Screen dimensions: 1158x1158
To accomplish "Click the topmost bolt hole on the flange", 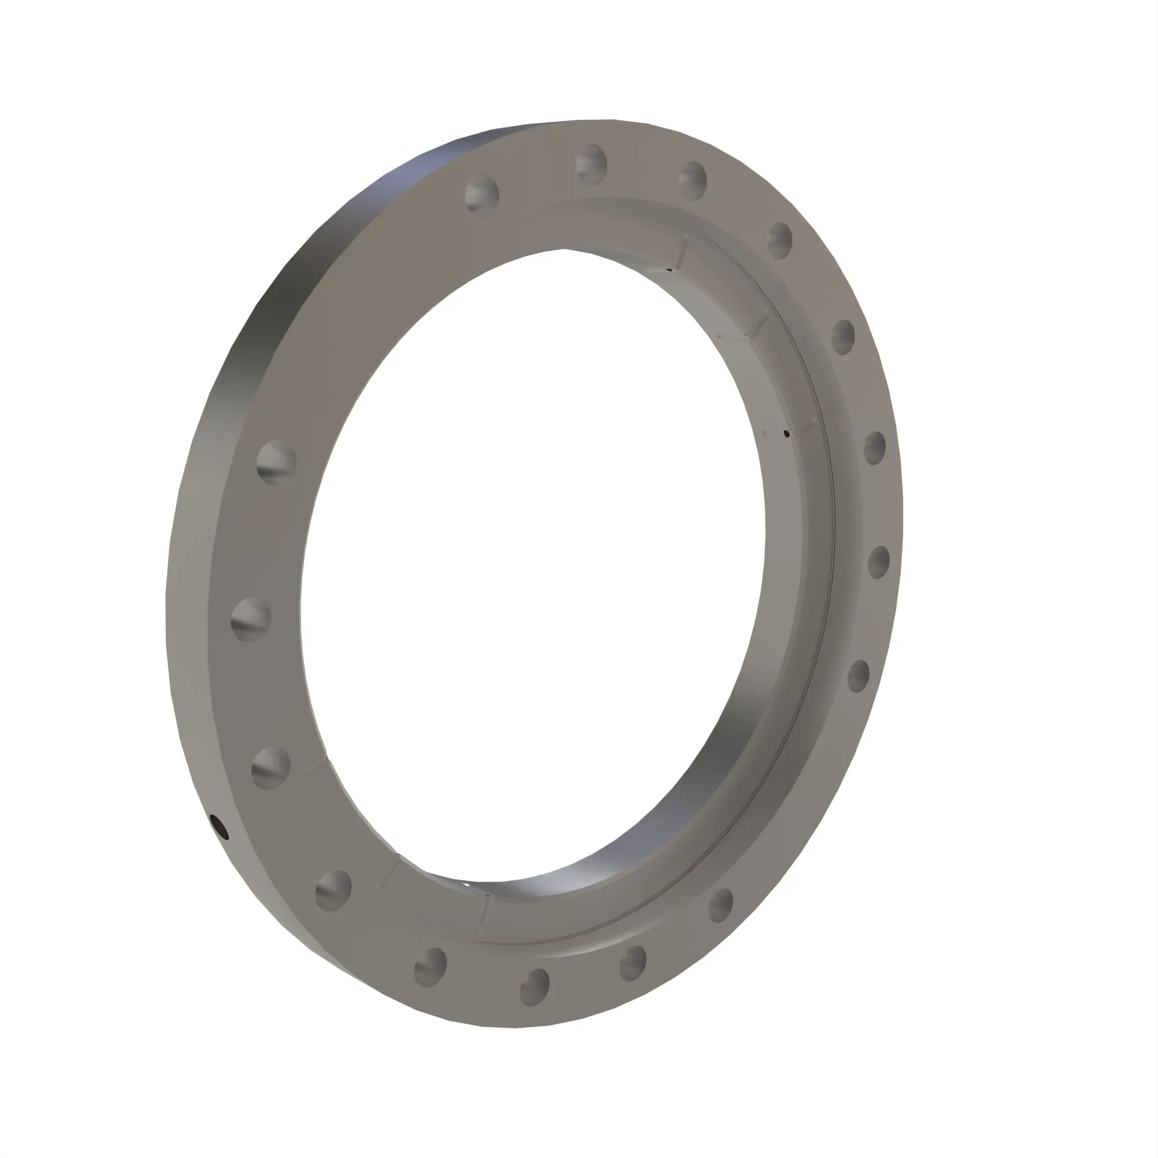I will click(x=591, y=163).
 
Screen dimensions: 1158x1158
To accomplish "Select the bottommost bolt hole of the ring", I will click(x=534, y=987).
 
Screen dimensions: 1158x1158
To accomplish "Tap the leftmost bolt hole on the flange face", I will click(x=251, y=619).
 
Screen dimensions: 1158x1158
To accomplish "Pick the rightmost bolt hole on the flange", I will click(x=879, y=562).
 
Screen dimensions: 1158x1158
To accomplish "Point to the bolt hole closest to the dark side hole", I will click(x=271, y=768).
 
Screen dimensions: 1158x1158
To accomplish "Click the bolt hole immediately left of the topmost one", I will click(x=482, y=193).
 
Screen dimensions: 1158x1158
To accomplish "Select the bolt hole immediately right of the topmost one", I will click(x=693, y=179).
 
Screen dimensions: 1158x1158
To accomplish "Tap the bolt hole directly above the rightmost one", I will click(x=874, y=448).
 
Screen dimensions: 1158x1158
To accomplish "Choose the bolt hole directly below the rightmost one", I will click(x=858, y=676).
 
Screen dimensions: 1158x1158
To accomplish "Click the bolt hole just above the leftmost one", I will click(x=276, y=462).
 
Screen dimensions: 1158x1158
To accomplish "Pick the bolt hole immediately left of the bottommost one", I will click(x=430, y=967).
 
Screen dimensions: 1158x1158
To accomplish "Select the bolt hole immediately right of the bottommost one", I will click(x=633, y=963).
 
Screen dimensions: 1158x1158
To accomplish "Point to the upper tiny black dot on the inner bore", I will click(x=787, y=433).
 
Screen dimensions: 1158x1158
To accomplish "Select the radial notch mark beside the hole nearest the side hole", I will click(x=317, y=764).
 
